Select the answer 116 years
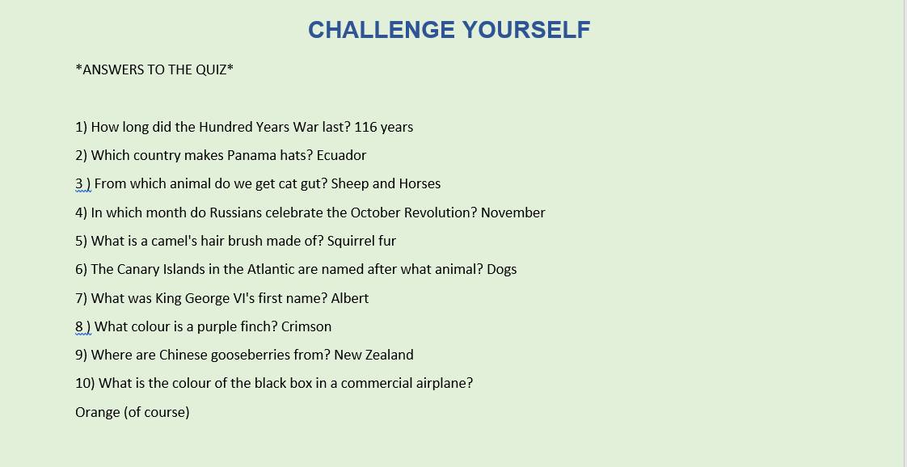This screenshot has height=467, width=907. (383, 127)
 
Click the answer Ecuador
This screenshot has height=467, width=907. (341, 155)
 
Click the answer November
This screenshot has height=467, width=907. (513, 212)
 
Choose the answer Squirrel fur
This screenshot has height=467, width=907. (361, 241)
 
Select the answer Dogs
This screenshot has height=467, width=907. (501, 269)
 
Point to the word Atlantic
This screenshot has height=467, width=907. (269, 269)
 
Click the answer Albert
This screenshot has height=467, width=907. (351, 298)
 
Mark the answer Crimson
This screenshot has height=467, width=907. (306, 326)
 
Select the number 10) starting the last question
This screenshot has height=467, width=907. (85, 384)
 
